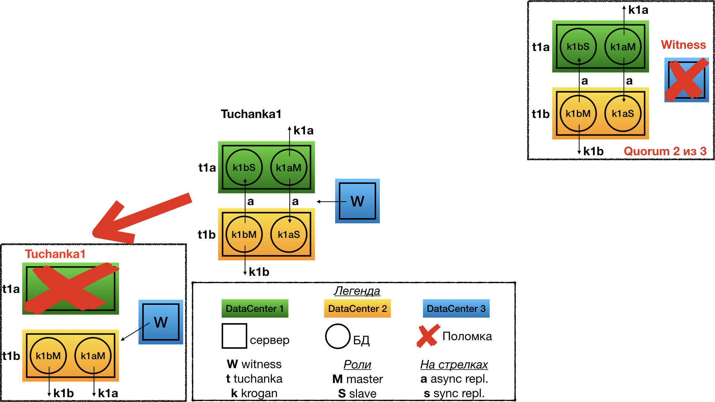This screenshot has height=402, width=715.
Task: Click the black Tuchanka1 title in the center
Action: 251,114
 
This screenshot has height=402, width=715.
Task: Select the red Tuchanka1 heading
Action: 55,254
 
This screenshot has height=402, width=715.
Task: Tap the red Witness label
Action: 683,45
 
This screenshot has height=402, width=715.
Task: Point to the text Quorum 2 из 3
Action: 665,151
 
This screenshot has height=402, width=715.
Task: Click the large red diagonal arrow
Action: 142,218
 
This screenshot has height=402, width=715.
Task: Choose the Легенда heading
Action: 357,291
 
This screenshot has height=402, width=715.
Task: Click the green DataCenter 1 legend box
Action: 255,309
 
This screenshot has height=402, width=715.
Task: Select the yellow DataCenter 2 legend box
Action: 357,309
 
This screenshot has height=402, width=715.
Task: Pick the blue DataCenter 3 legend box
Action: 456,309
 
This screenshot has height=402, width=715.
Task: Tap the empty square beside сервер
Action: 234,336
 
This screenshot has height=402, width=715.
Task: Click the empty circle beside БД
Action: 338,336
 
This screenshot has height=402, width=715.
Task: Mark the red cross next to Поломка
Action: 428,336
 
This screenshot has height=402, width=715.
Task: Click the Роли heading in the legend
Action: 357,364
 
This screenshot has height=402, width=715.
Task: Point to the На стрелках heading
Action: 454,364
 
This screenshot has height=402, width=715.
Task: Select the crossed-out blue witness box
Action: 687,80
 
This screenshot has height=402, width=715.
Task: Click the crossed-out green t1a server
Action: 71,288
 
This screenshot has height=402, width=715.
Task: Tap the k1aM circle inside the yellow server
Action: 93,356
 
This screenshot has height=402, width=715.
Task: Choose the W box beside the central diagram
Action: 357,201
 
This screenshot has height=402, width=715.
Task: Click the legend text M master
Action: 357,379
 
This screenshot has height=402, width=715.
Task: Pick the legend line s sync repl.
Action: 454,393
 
